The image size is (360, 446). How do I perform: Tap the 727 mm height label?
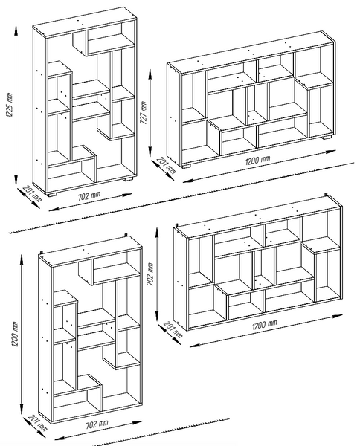144,113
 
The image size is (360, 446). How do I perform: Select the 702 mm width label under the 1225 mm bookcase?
89,195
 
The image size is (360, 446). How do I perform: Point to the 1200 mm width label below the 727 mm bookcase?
257,160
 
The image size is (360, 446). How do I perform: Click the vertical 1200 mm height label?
15,334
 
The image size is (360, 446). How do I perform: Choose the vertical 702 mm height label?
150,274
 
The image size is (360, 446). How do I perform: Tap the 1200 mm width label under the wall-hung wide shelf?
265,324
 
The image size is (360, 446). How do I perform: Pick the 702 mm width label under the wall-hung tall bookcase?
97,424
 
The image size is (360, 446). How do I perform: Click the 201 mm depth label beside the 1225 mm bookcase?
31,193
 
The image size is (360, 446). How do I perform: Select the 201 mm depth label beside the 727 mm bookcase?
167,165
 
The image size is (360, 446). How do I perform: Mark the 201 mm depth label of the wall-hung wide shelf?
173,329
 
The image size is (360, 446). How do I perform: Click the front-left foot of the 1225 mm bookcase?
52,195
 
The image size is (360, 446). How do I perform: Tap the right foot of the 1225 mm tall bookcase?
129,179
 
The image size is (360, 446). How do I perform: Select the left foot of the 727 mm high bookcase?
187,166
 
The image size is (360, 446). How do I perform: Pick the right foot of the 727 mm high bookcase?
327,138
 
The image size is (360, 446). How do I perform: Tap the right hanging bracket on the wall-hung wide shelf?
327,195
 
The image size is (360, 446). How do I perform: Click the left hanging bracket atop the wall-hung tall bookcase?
42,252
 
